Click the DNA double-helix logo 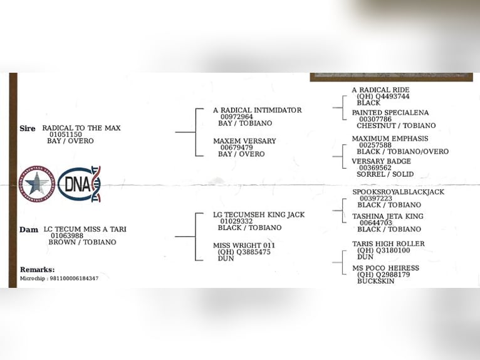[x=79, y=184]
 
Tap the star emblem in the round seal [x=37, y=184]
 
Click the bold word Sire [x=28, y=129]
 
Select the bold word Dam [x=29, y=230]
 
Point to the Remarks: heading [x=38, y=270]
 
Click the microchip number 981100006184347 [x=74, y=278]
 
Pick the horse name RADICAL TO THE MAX [x=81, y=128]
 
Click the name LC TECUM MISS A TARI [x=85, y=229]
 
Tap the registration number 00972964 [x=237, y=117]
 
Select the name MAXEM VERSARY [x=244, y=141]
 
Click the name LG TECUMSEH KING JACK [x=259, y=214]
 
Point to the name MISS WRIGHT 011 [x=244, y=245]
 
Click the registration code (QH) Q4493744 [x=383, y=96]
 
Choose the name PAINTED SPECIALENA [x=390, y=113]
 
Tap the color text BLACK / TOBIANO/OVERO [x=402, y=151]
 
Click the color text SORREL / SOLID [x=385, y=174]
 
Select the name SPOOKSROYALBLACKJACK [x=398, y=192]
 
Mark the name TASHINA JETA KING [x=387, y=216]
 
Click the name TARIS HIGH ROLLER [x=388, y=244]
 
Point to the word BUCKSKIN [x=375, y=281]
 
